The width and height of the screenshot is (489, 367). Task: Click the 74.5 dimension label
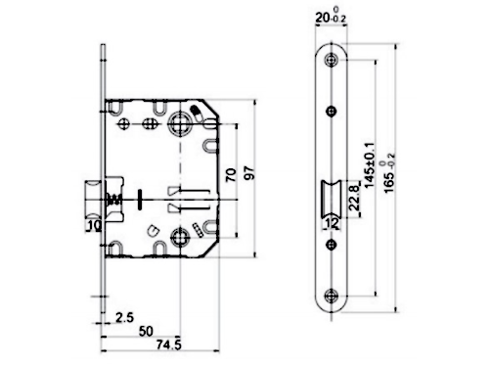point(168,344)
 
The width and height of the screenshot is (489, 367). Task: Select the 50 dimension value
point(146,331)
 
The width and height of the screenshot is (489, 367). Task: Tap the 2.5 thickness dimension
point(125,317)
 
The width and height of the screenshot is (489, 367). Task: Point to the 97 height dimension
point(248,172)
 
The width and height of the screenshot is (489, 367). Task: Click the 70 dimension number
point(231,175)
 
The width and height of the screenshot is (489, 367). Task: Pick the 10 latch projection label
point(95,225)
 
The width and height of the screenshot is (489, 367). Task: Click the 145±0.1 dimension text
point(370,165)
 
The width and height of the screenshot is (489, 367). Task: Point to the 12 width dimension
point(332,223)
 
